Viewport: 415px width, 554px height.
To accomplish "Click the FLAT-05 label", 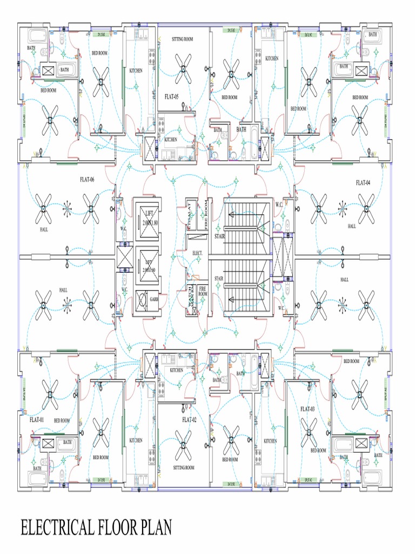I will (x=171, y=96).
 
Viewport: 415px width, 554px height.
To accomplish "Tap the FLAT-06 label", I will (x=86, y=180).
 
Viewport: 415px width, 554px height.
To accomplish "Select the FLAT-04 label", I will (x=363, y=183).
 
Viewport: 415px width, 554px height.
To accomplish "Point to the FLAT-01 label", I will (x=37, y=419).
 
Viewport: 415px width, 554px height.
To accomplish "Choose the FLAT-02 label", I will (x=189, y=419).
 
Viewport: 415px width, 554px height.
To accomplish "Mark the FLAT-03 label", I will (x=307, y=409).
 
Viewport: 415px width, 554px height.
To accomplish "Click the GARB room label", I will (x=154, y=298).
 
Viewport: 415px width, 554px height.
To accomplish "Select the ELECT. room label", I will (x=197, y=253).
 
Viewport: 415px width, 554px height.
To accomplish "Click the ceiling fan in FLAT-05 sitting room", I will (x=183, y=71).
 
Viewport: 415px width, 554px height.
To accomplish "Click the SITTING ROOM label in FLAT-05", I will (x=183, y=39).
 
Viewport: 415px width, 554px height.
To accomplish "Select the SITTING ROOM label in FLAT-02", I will (x=184, y=467).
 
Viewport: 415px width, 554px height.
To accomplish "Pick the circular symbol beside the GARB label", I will (x=141, y=298).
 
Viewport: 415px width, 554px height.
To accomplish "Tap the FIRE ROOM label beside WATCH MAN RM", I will (x=203, y=291).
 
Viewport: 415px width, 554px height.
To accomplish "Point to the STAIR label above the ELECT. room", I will (x=219, y=236).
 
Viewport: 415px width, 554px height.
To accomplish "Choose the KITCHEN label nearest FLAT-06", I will (x=136, y=70).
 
